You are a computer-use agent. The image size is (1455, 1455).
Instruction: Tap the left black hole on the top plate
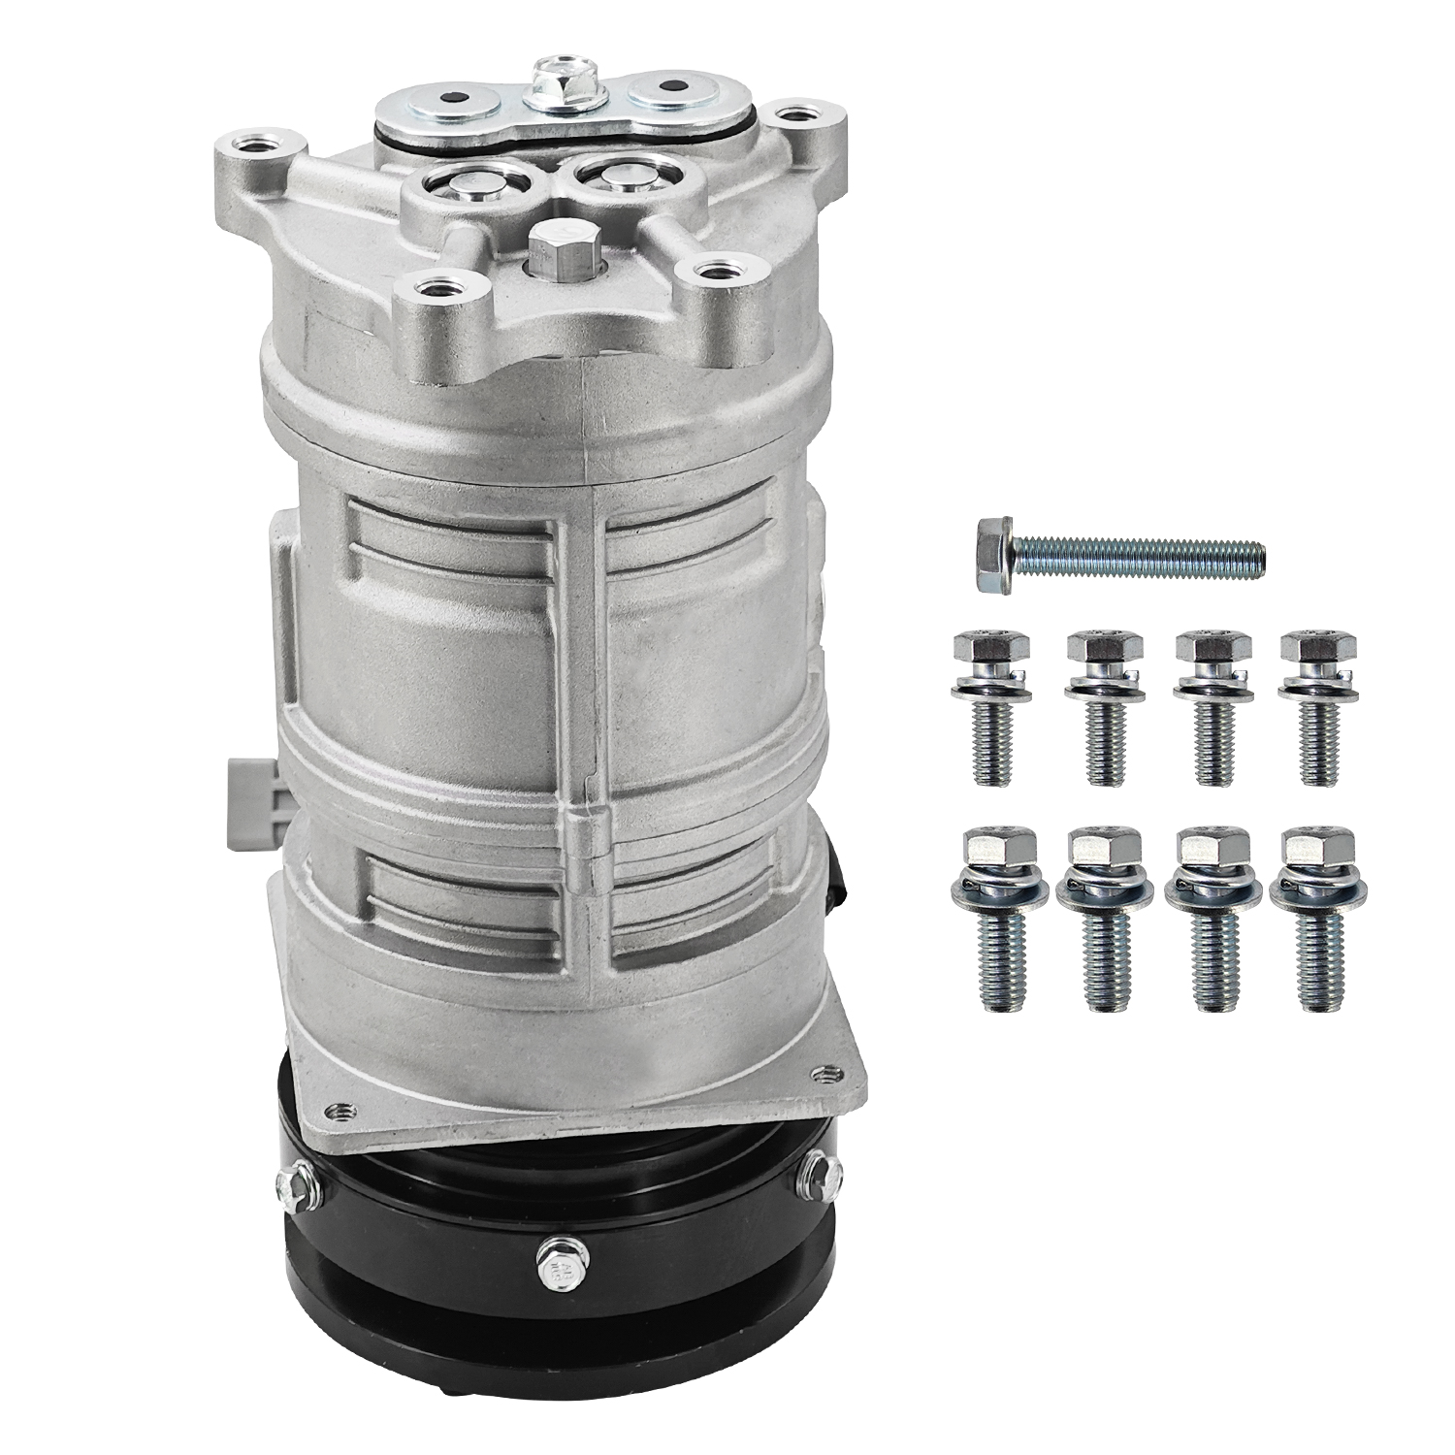[451, 98]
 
